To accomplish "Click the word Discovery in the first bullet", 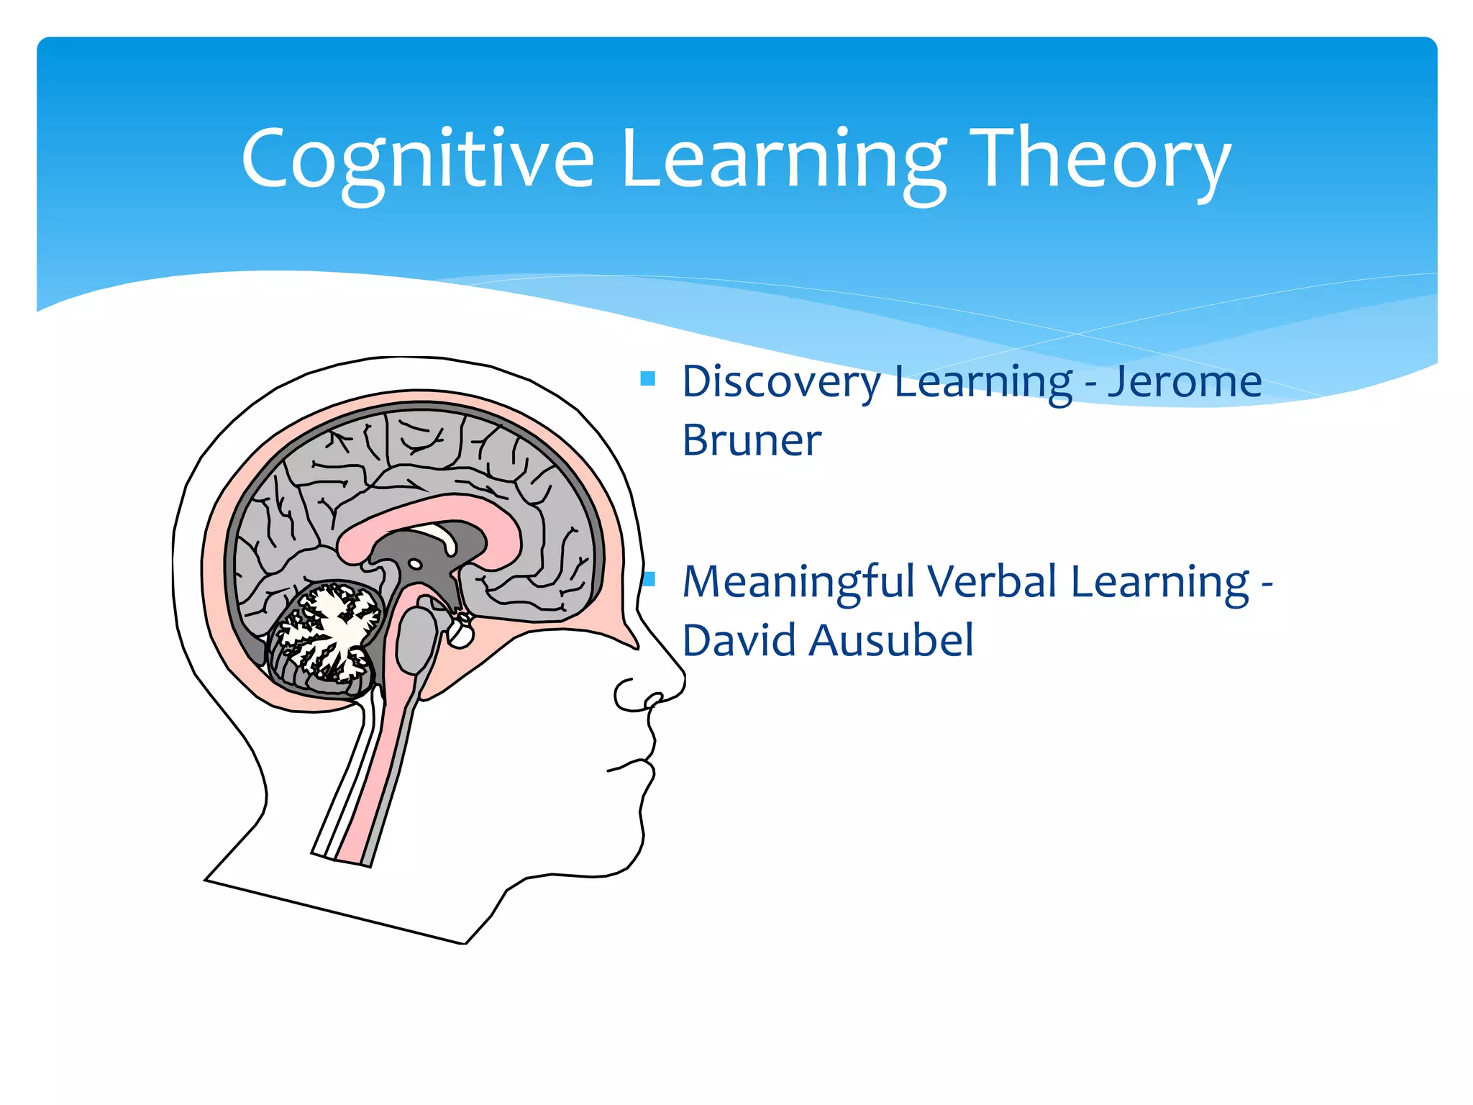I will (781, 382).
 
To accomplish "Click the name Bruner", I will (751, 440).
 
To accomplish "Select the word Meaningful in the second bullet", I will (798, 583).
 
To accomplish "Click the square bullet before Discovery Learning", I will (647, 378).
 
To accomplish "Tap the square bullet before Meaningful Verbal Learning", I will (649, 579).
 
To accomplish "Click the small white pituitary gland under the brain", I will (460, 633).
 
